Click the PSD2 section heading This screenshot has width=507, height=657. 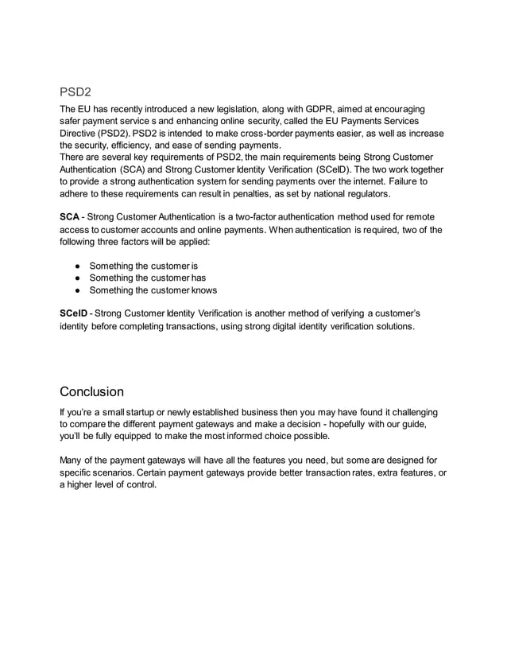coord(76,92)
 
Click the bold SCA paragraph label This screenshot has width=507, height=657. coord(70,217)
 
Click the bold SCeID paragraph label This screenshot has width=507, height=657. coord(75,314)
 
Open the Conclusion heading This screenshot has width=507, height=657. coord(91,392)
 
